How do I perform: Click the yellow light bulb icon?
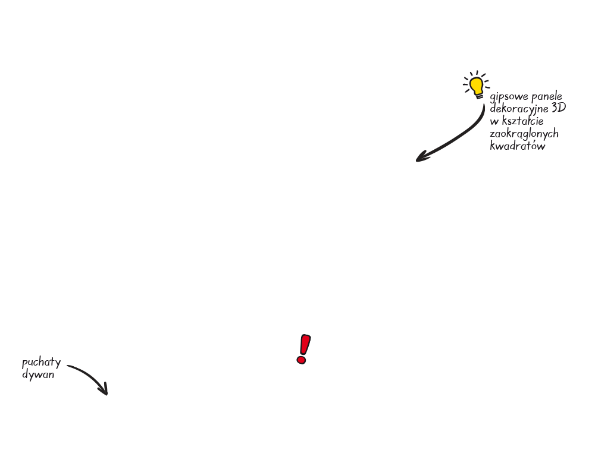tap(476, 85)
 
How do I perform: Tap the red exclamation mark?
tap(303, 349)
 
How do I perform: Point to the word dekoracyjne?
tap(519, 109)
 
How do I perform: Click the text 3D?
tap(559, 108)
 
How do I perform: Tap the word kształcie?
tap(522, 121)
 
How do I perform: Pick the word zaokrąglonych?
tap(524, 134)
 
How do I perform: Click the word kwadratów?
tap(517, 146)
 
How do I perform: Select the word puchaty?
tap(42, 363)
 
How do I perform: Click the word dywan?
tap(38, 375)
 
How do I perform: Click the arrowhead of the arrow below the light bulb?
tap(422, 156)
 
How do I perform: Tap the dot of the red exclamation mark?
tap(301, 360)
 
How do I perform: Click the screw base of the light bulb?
tap(480, 97)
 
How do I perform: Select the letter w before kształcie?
tap(494, 122)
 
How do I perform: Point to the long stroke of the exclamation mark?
tap(305, 344)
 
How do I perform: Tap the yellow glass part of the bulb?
tap(476, 86)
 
